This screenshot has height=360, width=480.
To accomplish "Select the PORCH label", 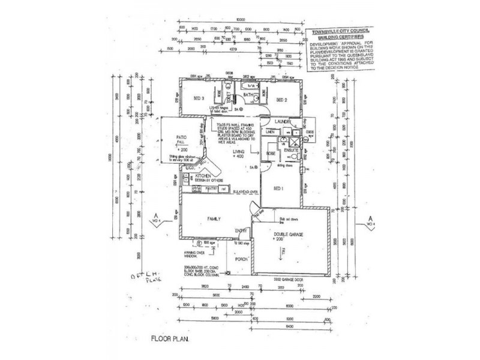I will tap(241, 260).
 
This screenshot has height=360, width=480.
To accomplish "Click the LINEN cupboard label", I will tap(271, 130).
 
